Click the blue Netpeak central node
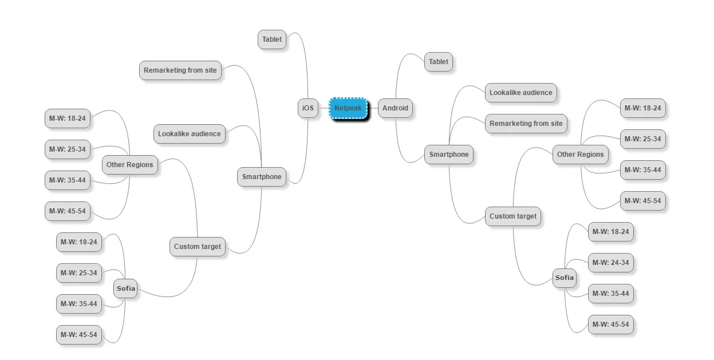pyautogui.click(x=348, y=108)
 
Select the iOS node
pyautogui.click(x=308, y=108)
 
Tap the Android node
pyautogui.click(x=395, y=108)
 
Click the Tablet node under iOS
pyautogui.click(x=272, y=39)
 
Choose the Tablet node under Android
pyautogui.click(x=438, y=62)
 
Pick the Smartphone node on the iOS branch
pyautogui.click(x=262, y=177)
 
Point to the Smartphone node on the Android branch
pyautogui.click(x=449, y=155)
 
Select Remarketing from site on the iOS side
pyautogui.click(x=180, y=70)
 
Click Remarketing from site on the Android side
pyautogui.click(x=526, y=124)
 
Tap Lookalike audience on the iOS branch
pyautogui.click(x=190, y=134)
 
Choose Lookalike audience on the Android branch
pyautogui.click(x=521, y=93)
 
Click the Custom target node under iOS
pyautogui.click(x=198, y=247)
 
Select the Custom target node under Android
pyautogui.click(x=513, y=216)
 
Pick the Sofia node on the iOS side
pyautogui.click(x=125, y=288)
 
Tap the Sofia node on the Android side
pyautogui.click(x=565, y=278)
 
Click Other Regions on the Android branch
pyautogui.click(x=581, y=155)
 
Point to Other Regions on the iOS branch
pyautogui.click(x=130, y=165)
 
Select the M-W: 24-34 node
pyautogui.click(x=611, y=263)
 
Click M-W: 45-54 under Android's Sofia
pyautogui.click(x=611, y=325)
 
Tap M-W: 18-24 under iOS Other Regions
pyautogui.click(x=67, y=118)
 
